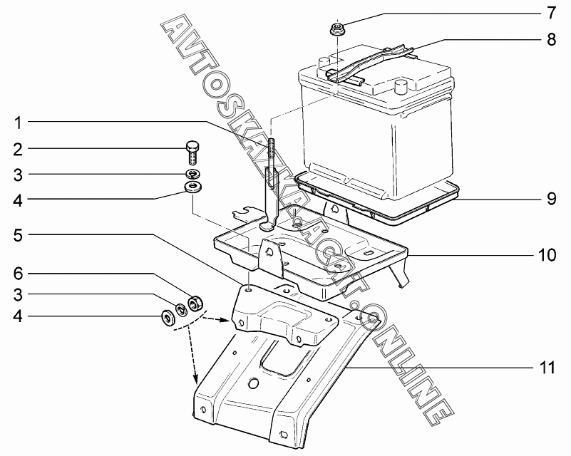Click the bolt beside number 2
tap(192, 150)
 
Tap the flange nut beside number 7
tap(336, 31)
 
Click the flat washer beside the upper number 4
tap(192, 187)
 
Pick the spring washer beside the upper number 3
tap(192, 174)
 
